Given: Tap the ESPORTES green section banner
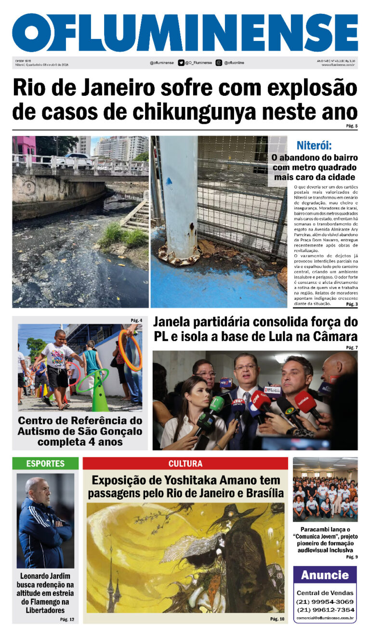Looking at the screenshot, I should tap(45, 464).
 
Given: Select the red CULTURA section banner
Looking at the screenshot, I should tap(185, 464).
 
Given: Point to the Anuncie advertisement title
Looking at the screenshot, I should tap(325, 575).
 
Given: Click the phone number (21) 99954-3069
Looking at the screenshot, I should tap(325, 602).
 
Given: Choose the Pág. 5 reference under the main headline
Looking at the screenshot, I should tap(351, 126).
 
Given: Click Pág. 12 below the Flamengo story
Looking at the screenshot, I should tap(67, 619).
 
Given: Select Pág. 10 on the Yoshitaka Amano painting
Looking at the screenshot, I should tap(277, 619).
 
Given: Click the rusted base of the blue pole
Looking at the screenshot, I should tap(179, 255).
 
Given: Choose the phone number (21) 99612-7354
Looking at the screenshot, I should tap(325, 609).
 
